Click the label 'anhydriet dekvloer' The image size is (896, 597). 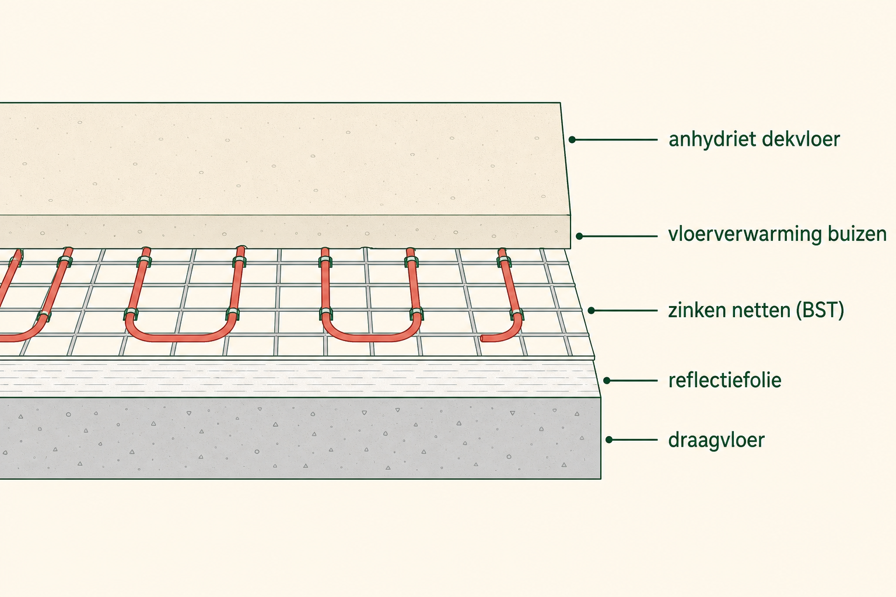[754, 139]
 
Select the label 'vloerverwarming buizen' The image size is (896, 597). [777, 234]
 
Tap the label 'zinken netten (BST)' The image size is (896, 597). [756, 310]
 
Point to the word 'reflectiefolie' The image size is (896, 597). [725, 380]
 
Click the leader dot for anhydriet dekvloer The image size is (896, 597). [572, 139]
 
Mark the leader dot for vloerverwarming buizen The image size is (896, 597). [579, 236]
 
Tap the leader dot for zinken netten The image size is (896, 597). [591, 310]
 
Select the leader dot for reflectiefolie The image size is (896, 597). [607, 381]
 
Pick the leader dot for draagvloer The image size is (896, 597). [609, 440]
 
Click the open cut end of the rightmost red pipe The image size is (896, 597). [482, 339]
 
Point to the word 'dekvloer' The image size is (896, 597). [801, 139]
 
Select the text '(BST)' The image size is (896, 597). [820, 311]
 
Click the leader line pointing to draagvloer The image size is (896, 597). [633, 440]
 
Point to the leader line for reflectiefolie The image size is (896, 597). [632, 381]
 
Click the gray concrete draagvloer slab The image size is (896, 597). [300, 438]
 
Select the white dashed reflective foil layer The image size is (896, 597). [298, 379]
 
